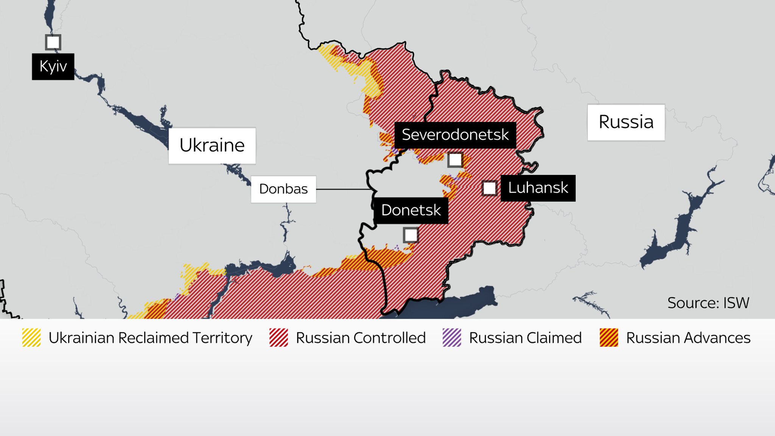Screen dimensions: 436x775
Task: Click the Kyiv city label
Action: [x=53, y=67]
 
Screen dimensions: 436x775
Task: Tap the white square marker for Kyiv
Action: [x=53, y=42]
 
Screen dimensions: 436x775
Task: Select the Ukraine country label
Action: [x=212, y=145]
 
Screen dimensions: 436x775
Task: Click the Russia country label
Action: [x=626, y=122]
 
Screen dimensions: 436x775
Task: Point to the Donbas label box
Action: [x=283, y=189]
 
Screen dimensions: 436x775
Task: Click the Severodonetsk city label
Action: [x=455, y=135]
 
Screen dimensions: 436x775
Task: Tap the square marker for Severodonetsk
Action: [x=455, y=160]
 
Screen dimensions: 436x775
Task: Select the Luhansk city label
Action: [x=538, y=188]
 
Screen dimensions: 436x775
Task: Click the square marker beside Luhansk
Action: [x=489, y=188]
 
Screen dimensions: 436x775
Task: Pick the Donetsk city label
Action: [x=411, y=210]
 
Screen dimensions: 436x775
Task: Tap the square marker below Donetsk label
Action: [x=411, y=235]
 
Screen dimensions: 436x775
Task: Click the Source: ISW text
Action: [x=708, y=303]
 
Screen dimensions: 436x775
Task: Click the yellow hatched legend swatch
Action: [x=31, y=338]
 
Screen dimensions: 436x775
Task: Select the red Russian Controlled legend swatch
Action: [x=279, y=338]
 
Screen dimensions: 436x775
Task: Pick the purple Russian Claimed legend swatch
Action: [x=452, y=338]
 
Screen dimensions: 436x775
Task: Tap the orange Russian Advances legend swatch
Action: [x=609, y=338]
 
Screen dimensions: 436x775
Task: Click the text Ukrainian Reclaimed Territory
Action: [x=150, y=338]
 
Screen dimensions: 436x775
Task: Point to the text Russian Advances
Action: [x=688, y=338]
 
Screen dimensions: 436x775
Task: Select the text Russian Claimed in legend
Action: [x=525, y=338]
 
